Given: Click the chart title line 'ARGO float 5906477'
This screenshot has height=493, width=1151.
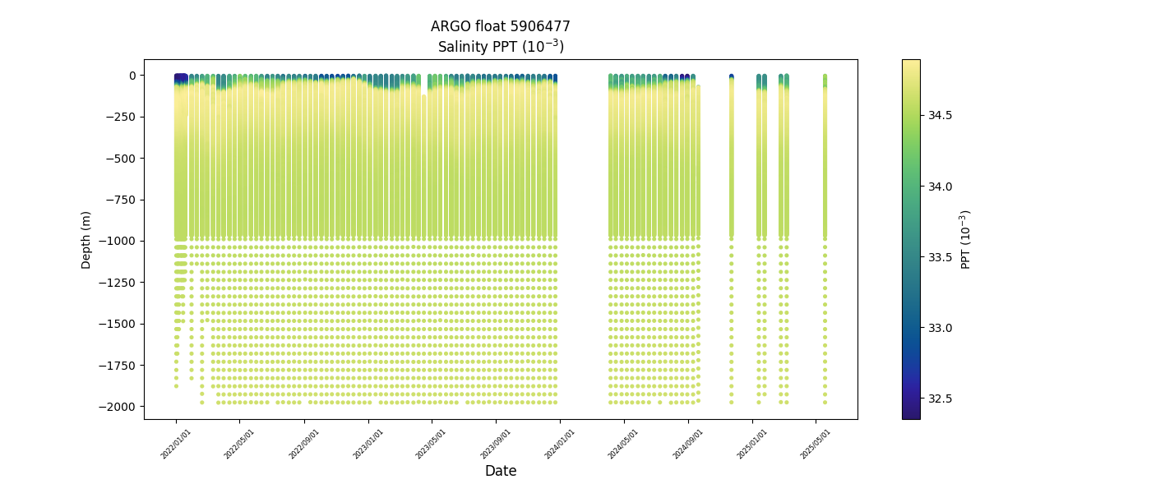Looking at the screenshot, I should point(500,27).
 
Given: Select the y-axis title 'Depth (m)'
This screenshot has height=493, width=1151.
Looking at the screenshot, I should point(86,239).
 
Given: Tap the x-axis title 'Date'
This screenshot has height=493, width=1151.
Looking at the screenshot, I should point(500,471).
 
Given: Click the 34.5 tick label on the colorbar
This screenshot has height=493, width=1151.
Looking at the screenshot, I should point(940,115).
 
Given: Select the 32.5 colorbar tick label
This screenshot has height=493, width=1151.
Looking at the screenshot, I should point(940,399).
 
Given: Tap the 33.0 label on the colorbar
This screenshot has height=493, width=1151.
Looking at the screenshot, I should point(940,328).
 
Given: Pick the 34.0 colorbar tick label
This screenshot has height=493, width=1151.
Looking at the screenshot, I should point(940,187).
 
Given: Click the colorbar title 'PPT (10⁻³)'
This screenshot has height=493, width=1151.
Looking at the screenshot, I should point(966,239).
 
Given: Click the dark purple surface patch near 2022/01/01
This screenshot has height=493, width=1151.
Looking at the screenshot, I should point(181,79).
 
